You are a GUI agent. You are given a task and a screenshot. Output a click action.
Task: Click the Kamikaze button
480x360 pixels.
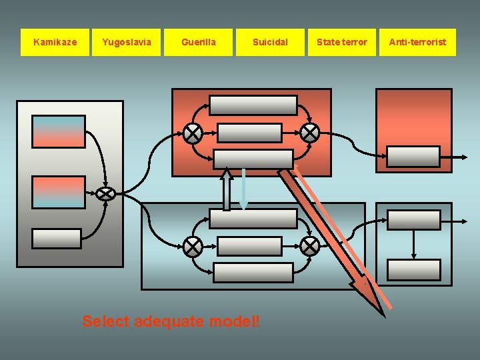tap(55, 42)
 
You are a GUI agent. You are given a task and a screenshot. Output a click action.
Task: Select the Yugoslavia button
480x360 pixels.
tap(127, 42)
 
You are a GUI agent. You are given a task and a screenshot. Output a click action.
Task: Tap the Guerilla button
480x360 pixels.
tap(199, 42)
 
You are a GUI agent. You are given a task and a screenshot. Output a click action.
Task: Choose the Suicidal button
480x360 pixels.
tap(270, 42)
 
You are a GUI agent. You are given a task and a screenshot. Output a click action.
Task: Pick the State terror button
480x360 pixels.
tap(341, 42)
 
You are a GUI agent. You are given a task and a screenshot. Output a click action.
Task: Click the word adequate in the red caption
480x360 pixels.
tap(169, 321)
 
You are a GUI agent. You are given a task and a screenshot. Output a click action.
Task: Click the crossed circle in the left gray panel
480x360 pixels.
tap(105, 193)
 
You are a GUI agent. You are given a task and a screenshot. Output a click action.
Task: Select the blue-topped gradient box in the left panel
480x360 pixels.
tap(59, 131)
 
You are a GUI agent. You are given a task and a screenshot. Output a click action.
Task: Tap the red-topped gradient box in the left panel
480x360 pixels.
tap(59, 192)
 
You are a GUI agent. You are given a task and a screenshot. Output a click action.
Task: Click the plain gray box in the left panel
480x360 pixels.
tap(57, 239)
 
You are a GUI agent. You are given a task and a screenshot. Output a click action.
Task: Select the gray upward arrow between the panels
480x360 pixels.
tap(227, 189)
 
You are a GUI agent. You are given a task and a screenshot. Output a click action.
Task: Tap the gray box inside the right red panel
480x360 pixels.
tap(413, 157)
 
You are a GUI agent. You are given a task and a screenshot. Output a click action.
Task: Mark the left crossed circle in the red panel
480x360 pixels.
tap(193, 133)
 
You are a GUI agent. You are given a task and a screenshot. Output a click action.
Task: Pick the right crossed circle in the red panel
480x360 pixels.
tap(309, 133)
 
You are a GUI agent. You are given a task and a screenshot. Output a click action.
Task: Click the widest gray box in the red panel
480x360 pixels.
tap(253, 105)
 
